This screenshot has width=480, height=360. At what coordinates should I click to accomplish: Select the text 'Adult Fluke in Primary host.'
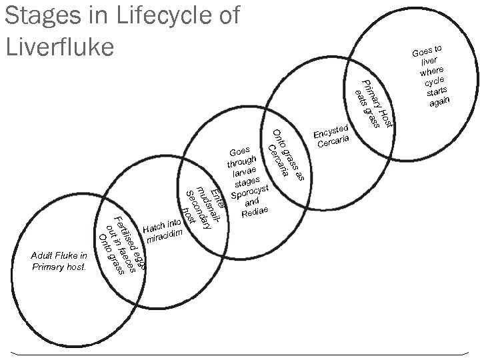coord(59,261)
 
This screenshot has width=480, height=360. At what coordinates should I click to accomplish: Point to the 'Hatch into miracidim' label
coord(161,231)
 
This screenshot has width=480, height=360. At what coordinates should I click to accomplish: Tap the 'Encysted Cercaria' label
coord(332,136)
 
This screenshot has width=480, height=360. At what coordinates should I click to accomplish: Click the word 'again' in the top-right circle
coord(440,101)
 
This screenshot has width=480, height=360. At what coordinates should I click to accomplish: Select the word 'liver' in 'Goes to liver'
coord(429,61)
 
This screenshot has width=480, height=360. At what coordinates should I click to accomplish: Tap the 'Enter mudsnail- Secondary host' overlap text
coord(203,203)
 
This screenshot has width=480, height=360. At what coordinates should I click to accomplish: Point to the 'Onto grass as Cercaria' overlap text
coord(286,153)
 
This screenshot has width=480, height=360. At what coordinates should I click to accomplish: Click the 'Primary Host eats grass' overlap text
coord(374,103)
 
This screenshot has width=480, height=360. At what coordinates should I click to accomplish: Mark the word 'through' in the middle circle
coord(241,161)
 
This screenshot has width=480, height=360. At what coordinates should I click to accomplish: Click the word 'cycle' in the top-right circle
coord(435,81)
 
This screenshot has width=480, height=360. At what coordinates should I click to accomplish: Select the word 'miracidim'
coord(164,237)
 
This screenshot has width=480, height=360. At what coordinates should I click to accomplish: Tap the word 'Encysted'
coord(331,131)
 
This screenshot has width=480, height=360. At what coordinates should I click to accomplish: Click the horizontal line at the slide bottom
coord(240,351)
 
